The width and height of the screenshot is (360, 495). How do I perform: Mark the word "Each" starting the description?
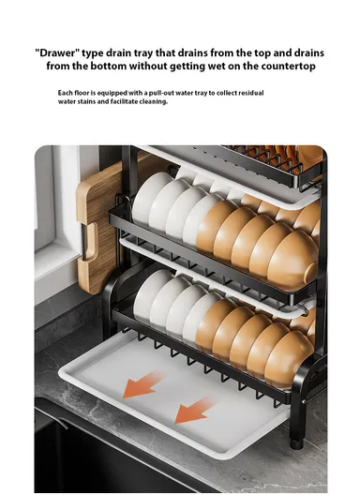pos(66,93)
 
